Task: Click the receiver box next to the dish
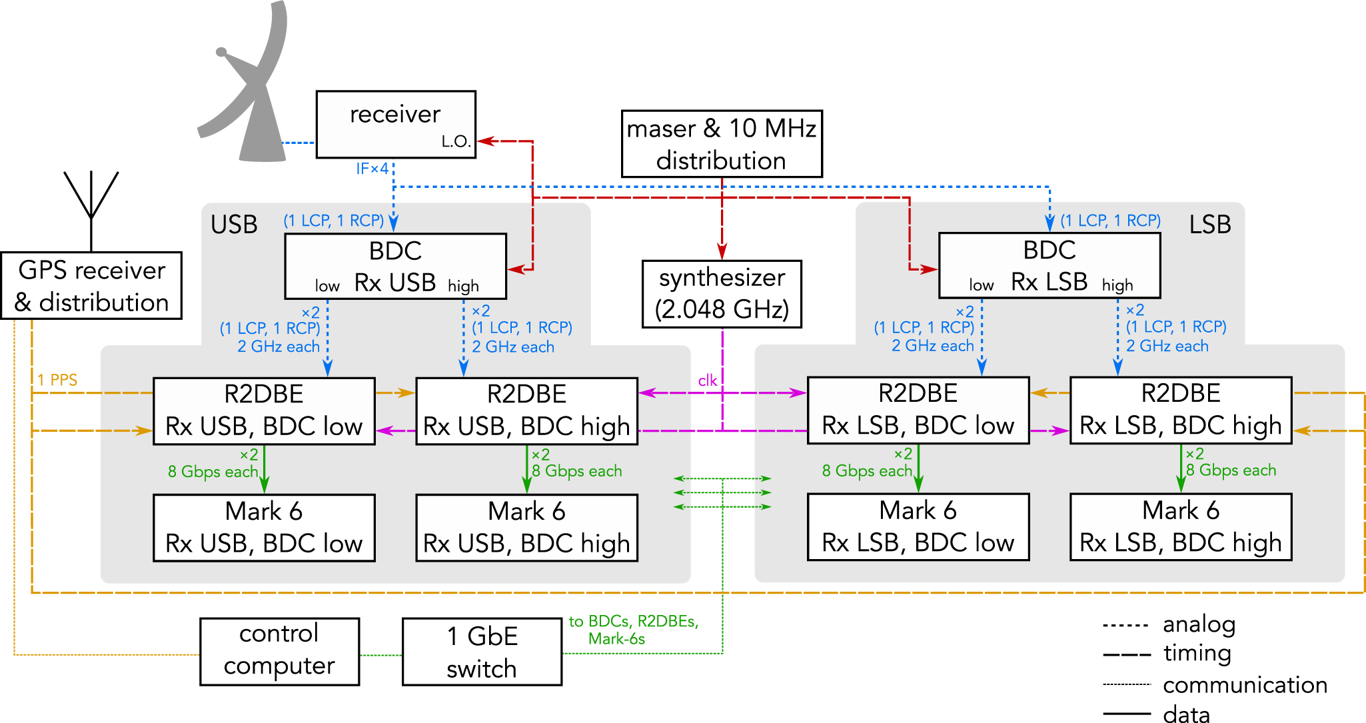[x=395, y=120]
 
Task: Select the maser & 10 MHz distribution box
[x=722, y=144]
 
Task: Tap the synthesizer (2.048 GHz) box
[x=722, y=294]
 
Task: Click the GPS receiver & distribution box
[x=91, y=286]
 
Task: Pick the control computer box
[x=279, y=651]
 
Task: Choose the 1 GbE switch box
[x=482, y=652]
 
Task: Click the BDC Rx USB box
[x=395, y=266]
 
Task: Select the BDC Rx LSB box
[x=1049, y=265]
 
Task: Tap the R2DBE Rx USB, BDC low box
[x=264, y=411]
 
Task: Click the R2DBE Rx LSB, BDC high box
[x=1181, y=410]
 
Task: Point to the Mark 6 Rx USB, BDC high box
[x=526, y=528]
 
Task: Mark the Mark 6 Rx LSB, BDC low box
[x=918, y=527]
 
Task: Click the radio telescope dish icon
[x=250, y=93]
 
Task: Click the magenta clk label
[x=707, y=380]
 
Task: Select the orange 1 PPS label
[x=57, y=380]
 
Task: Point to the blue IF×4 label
[x=372, y=169]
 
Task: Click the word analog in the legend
[x=1199, y=624]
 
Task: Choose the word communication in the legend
[x=1245, y=685]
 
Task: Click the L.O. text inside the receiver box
[x=456, y=141]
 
